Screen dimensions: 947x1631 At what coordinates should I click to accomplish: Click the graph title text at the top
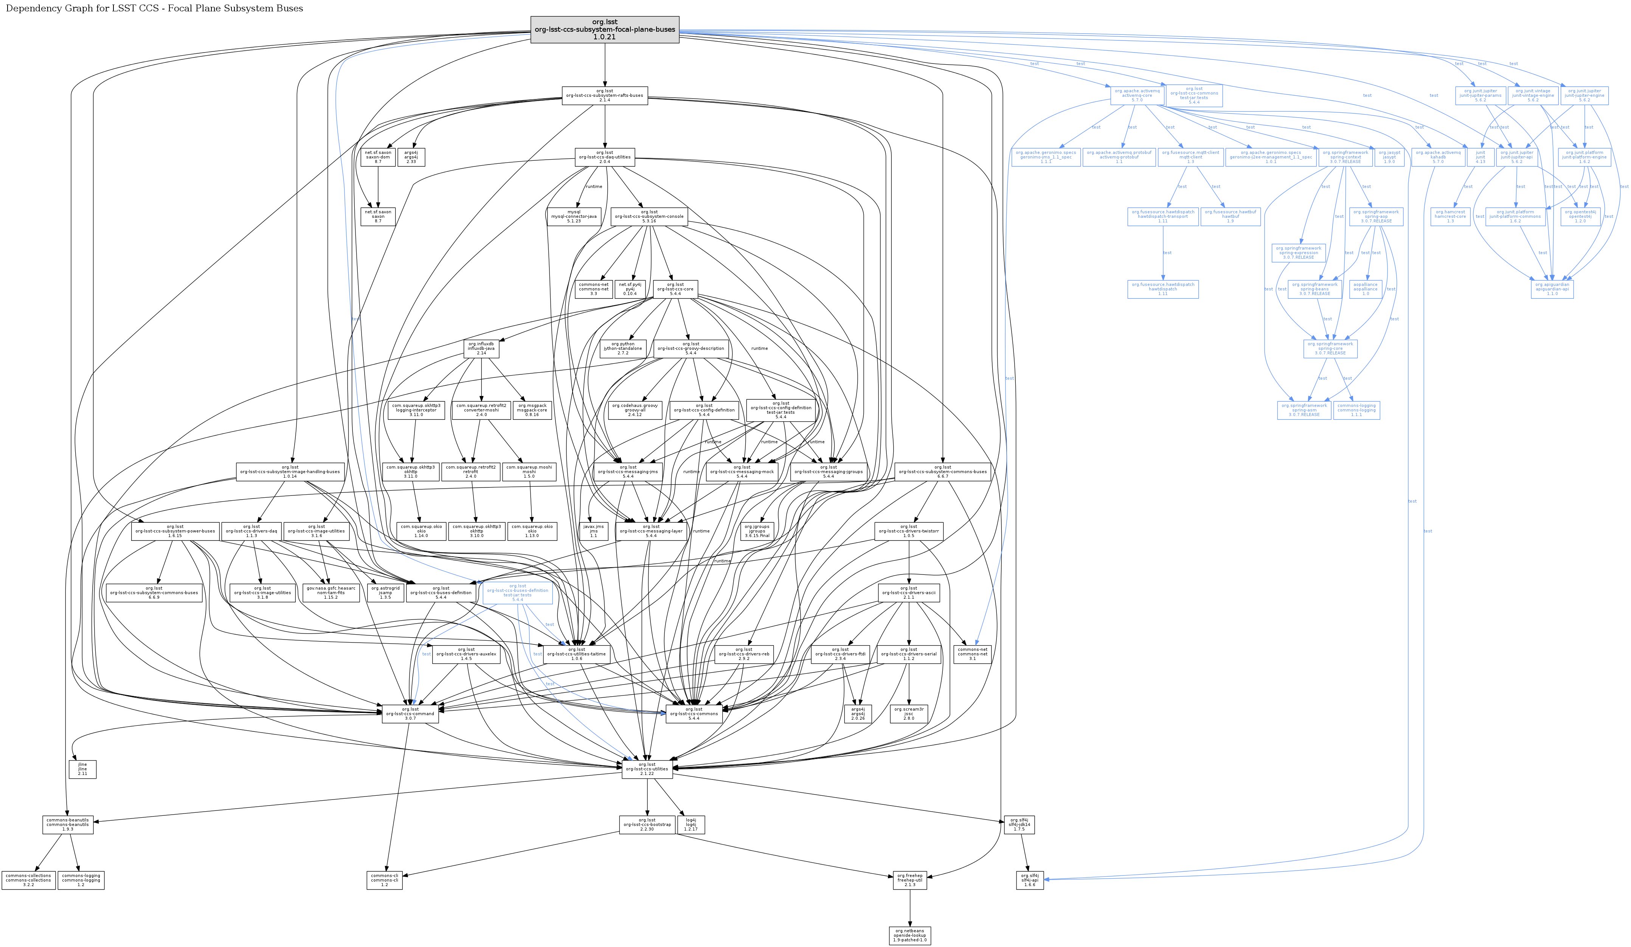[154, 8]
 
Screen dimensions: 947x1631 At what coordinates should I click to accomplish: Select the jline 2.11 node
[82, 768]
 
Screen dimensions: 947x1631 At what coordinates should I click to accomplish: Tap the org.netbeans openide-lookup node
[909, 935]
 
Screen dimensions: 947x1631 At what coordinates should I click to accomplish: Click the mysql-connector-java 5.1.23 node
[573, 216]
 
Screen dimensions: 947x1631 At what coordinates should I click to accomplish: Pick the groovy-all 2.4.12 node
[634, 410]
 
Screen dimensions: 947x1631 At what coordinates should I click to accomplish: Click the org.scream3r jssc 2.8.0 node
[909, 713]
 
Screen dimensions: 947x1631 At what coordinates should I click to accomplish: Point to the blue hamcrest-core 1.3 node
[1450, 216]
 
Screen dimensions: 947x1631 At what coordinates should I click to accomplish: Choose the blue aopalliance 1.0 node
[1366, 289]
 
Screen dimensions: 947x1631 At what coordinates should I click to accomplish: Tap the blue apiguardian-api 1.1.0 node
[1552, 289]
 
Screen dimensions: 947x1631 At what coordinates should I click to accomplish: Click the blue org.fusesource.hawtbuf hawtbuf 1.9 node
[1230, 216]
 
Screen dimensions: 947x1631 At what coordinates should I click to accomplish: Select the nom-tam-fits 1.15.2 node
[331, 592]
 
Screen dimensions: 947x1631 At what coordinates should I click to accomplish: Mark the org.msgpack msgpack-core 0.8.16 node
[532, 410]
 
